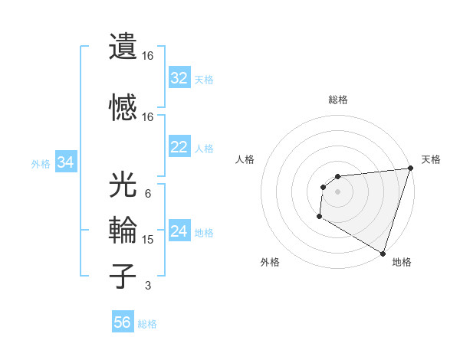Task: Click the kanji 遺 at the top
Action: click(x=123, y=47)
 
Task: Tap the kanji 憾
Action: click(x=123, y=106)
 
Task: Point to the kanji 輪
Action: click(x=123, y=231)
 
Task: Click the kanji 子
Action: click(x=123, y=277)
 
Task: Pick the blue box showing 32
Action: click(x=179, y=78)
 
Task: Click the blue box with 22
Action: click(x=179, y=147)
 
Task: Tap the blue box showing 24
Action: click(x=179, y=231)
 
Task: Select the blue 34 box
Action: click(x=66, y=162)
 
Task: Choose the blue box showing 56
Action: click(x=123, y=322)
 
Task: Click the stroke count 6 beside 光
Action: click(x=147, y=194)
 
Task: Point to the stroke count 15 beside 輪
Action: click(x=148, y=240)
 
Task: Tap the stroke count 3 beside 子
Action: click(x=147, y=286)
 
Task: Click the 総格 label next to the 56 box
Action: click(x=147, y=324)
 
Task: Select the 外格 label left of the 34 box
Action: click(x=41, y=163)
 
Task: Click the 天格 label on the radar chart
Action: click(x=432, y=159)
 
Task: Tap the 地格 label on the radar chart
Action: click(x=402, y=262)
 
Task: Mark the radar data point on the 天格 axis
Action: click(x=410, y=169)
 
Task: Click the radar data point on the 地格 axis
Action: click(x=383, y=254)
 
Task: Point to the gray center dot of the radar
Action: click(x=337, y=191)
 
